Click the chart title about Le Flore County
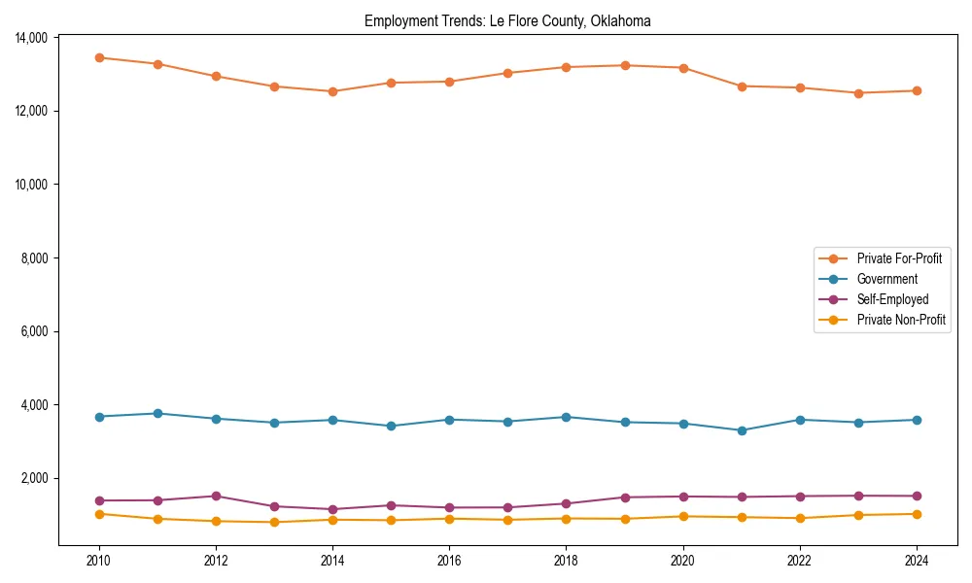507,20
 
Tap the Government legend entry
886,279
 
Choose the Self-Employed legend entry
892,299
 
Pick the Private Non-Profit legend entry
901,320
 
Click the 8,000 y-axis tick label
36,257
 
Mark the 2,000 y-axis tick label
36,478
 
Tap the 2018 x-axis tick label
567,560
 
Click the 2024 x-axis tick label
917,560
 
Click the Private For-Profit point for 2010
99,57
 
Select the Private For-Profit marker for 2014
332,91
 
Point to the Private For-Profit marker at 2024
917,90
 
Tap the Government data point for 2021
742,430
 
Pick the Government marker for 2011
157,413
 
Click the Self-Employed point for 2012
216,496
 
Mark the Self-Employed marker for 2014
332,509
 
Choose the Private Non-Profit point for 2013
274,522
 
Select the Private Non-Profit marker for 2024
917,514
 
